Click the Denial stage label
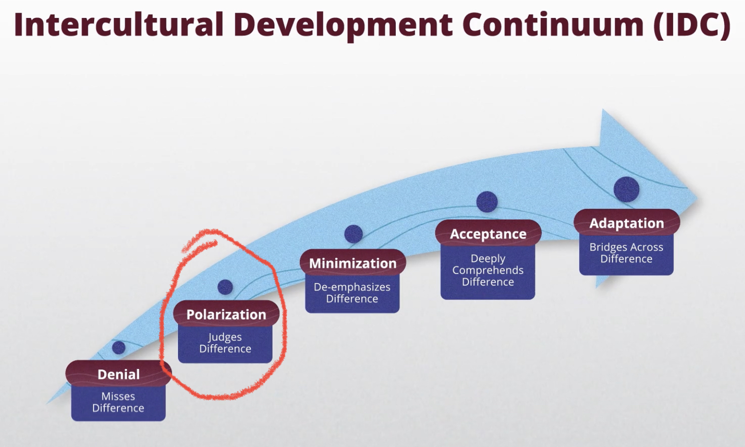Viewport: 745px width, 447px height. point(118,374)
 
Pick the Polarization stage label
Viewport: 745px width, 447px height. point(226,314)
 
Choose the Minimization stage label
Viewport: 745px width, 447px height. point(353,263)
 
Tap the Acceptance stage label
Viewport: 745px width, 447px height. point(488,234)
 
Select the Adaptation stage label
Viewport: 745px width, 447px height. point(627,223)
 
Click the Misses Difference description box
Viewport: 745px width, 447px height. point(118,402)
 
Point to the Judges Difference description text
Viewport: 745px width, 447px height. point(225,343)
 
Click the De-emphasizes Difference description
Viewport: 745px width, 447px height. point(352,293)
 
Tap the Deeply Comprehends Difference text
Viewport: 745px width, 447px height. point(488,270)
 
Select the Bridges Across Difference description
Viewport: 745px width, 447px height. point(626,253)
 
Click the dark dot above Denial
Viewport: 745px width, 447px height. point(119,348)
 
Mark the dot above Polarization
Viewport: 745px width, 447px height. point(225,287)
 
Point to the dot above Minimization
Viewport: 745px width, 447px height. point(353,234)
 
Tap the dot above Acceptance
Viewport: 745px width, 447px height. point(487,202)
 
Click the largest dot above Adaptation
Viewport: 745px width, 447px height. point(627,190)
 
